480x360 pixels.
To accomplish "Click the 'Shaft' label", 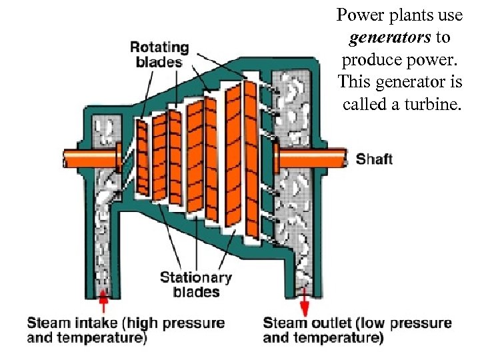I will [x=374, y=159].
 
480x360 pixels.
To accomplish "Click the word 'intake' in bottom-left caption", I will [x=100, y=323].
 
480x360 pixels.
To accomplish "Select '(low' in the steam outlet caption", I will [x=371, y=323].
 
